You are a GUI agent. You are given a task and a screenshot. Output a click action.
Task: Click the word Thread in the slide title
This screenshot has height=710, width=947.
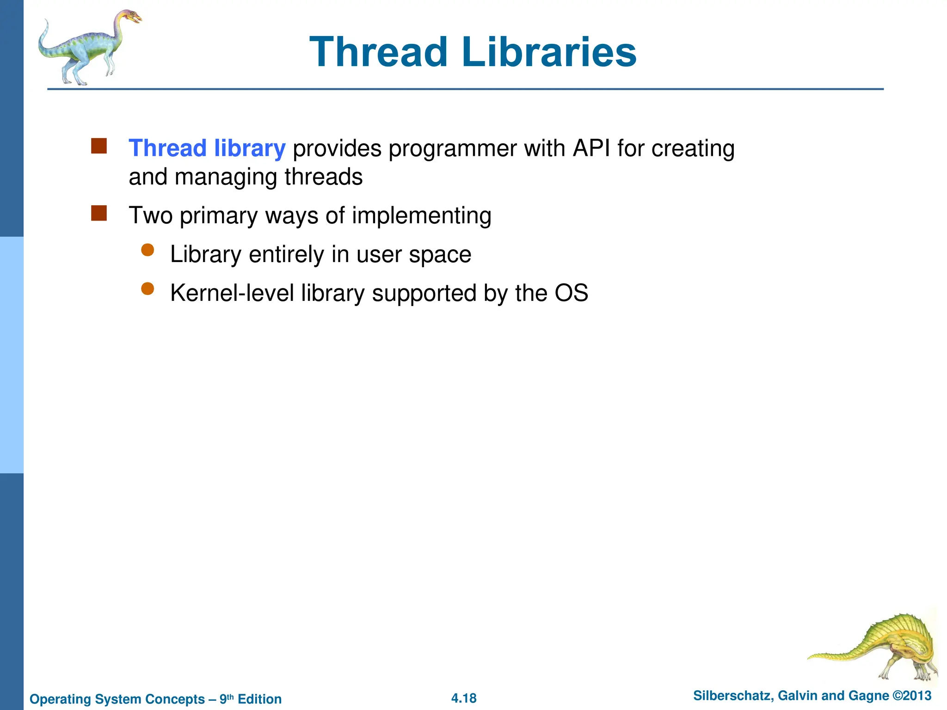pos(378,52)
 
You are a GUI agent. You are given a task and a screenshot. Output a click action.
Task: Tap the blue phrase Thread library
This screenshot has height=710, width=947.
pos(207,148)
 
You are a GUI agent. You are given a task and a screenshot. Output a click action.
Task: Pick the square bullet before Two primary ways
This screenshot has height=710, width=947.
pos(99,214)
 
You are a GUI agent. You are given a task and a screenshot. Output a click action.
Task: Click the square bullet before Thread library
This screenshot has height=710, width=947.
pos(99,146)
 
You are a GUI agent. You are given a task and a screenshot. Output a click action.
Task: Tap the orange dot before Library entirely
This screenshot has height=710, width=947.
pos(148,250)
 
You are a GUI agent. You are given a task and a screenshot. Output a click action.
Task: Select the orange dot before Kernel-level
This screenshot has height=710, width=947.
pos(148,289)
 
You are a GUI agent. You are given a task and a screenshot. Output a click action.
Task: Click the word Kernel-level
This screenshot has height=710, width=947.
pos(232,293)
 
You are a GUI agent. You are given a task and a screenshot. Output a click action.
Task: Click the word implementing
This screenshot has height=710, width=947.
pos(421,216)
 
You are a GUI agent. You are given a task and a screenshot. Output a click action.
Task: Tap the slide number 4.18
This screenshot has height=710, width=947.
pos(464,698)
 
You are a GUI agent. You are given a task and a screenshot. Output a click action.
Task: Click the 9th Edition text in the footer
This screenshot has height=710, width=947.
pos(250,699)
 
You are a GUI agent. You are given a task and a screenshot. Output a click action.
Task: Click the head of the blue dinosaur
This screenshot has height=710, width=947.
pos(131,17)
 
